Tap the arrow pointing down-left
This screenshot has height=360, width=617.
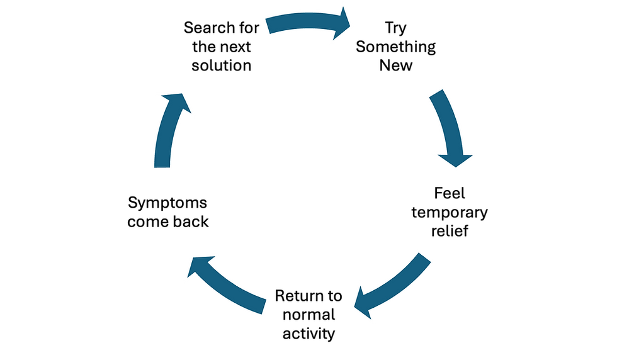pyautogui.click(x=390, y=286)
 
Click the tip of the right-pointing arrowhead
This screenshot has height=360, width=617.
pyautogui.click(x=353, y=25)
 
